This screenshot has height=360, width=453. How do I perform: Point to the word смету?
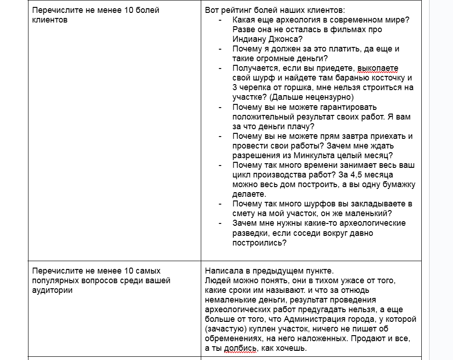click(244, 213)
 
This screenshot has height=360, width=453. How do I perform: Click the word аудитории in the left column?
click(52, 290)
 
